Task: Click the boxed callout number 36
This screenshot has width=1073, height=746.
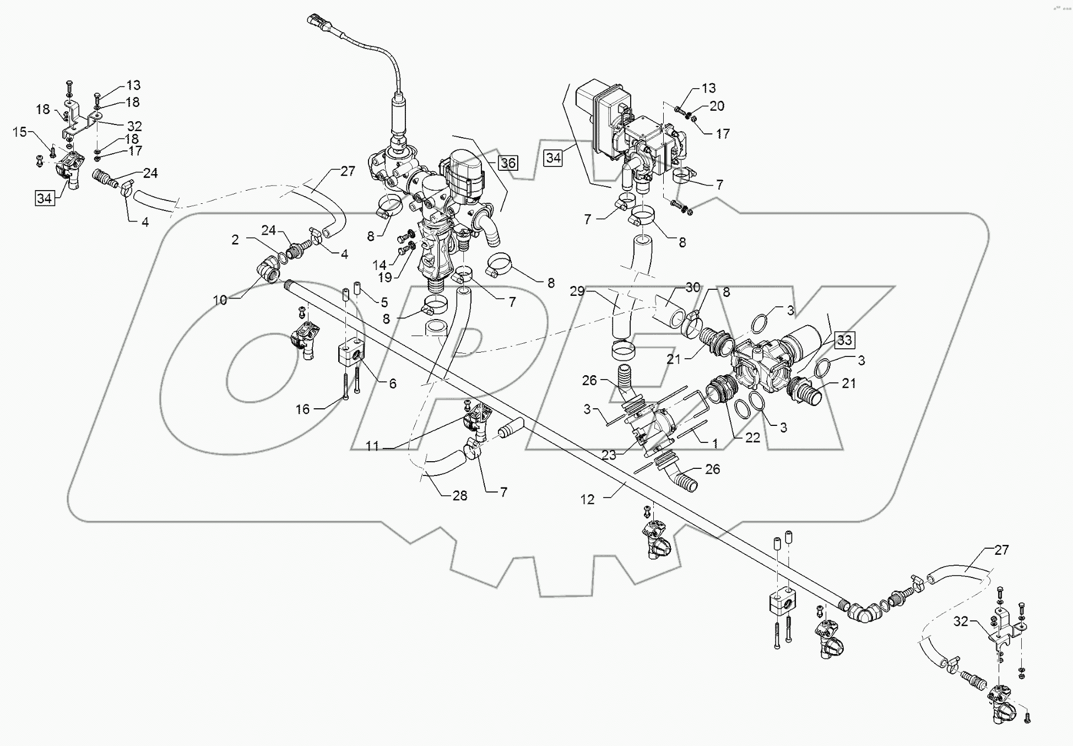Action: [x=508, y=163]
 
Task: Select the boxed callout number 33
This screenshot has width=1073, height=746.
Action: [x=844, y=340]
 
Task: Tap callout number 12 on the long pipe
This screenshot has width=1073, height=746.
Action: [x=588, y=499]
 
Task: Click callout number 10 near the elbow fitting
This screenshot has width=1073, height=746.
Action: [x=220, y=300]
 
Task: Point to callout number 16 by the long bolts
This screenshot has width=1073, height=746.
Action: [x=303, y=409]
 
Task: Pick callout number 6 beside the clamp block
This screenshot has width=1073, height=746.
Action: [x=392, y=383]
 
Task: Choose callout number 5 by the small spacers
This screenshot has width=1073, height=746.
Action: [x=384, y=302]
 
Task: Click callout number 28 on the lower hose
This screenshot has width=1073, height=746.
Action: [x=459, y=496]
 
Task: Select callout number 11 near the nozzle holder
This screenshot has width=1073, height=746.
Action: [x=373, y=446]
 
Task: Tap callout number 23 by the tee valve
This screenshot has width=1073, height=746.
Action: [x=609, y=455]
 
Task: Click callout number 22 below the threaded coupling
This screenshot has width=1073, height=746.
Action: [x=752, y=437]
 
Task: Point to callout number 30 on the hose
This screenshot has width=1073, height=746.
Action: [x=692, y=287]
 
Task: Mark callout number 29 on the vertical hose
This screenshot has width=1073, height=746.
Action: [x=577, y=291]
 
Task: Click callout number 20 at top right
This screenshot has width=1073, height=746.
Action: [x=717, y=106]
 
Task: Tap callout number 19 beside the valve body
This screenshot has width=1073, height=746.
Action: [x=385, y=277]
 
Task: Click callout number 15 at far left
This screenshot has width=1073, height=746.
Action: [x=20, y=132]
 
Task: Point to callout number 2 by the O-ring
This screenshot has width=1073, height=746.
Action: [x=235, y=240]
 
